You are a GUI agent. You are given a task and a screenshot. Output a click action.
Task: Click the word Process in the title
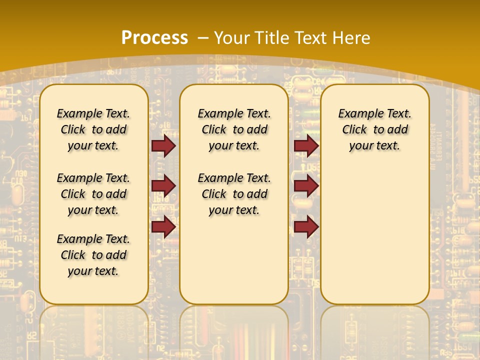point(154,37)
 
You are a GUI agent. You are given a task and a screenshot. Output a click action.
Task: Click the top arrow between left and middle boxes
point(163,146)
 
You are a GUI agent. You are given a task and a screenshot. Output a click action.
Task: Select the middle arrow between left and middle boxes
point(163,186)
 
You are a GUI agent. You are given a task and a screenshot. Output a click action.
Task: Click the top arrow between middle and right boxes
point(306,146)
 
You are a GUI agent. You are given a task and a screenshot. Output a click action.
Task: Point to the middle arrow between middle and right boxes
point(306,186)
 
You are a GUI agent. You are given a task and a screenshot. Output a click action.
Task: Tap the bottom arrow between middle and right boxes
point(306,227)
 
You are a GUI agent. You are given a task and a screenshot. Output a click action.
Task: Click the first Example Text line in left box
point(93,113)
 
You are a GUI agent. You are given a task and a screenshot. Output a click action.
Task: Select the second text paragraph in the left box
point(93,193)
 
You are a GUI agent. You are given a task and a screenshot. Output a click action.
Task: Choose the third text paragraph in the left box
point(93,255)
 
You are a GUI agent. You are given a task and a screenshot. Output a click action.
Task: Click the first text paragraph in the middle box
point(234,129)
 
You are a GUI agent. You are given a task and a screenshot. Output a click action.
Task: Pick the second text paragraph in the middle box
point(234,193)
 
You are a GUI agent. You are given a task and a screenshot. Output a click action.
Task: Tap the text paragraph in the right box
point(374,129)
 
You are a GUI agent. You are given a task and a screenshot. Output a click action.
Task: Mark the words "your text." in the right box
point(374,145)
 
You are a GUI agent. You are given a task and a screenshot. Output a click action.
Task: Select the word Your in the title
point(231,37)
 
